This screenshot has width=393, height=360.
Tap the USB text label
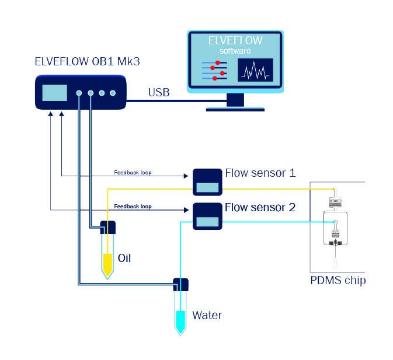(x=159, y=92)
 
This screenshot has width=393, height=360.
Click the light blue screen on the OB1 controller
(x=55, y=93)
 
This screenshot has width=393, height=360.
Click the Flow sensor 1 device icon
(x=207, y=181)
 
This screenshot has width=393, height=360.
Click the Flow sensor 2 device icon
(x=207, y=215)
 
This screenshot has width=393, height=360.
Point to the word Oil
(x=124, y=257)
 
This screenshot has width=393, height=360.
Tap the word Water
(x=207, y=316)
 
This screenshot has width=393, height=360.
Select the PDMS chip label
(x=338, y=281)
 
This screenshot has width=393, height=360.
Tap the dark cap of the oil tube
(x=109, y=226)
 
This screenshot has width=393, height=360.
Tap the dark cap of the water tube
(x=181, y=285)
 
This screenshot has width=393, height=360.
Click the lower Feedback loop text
(x=133, y=207)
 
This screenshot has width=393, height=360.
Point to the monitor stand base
(x=235, y=107)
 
